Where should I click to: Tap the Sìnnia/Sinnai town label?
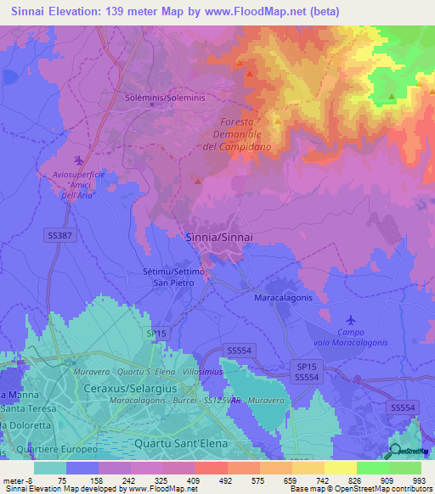tap(216, 239)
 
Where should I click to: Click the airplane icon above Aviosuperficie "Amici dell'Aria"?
tap(80, 160)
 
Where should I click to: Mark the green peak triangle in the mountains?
tap(391, 97)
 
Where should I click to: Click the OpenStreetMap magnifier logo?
tap(394, 452)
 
